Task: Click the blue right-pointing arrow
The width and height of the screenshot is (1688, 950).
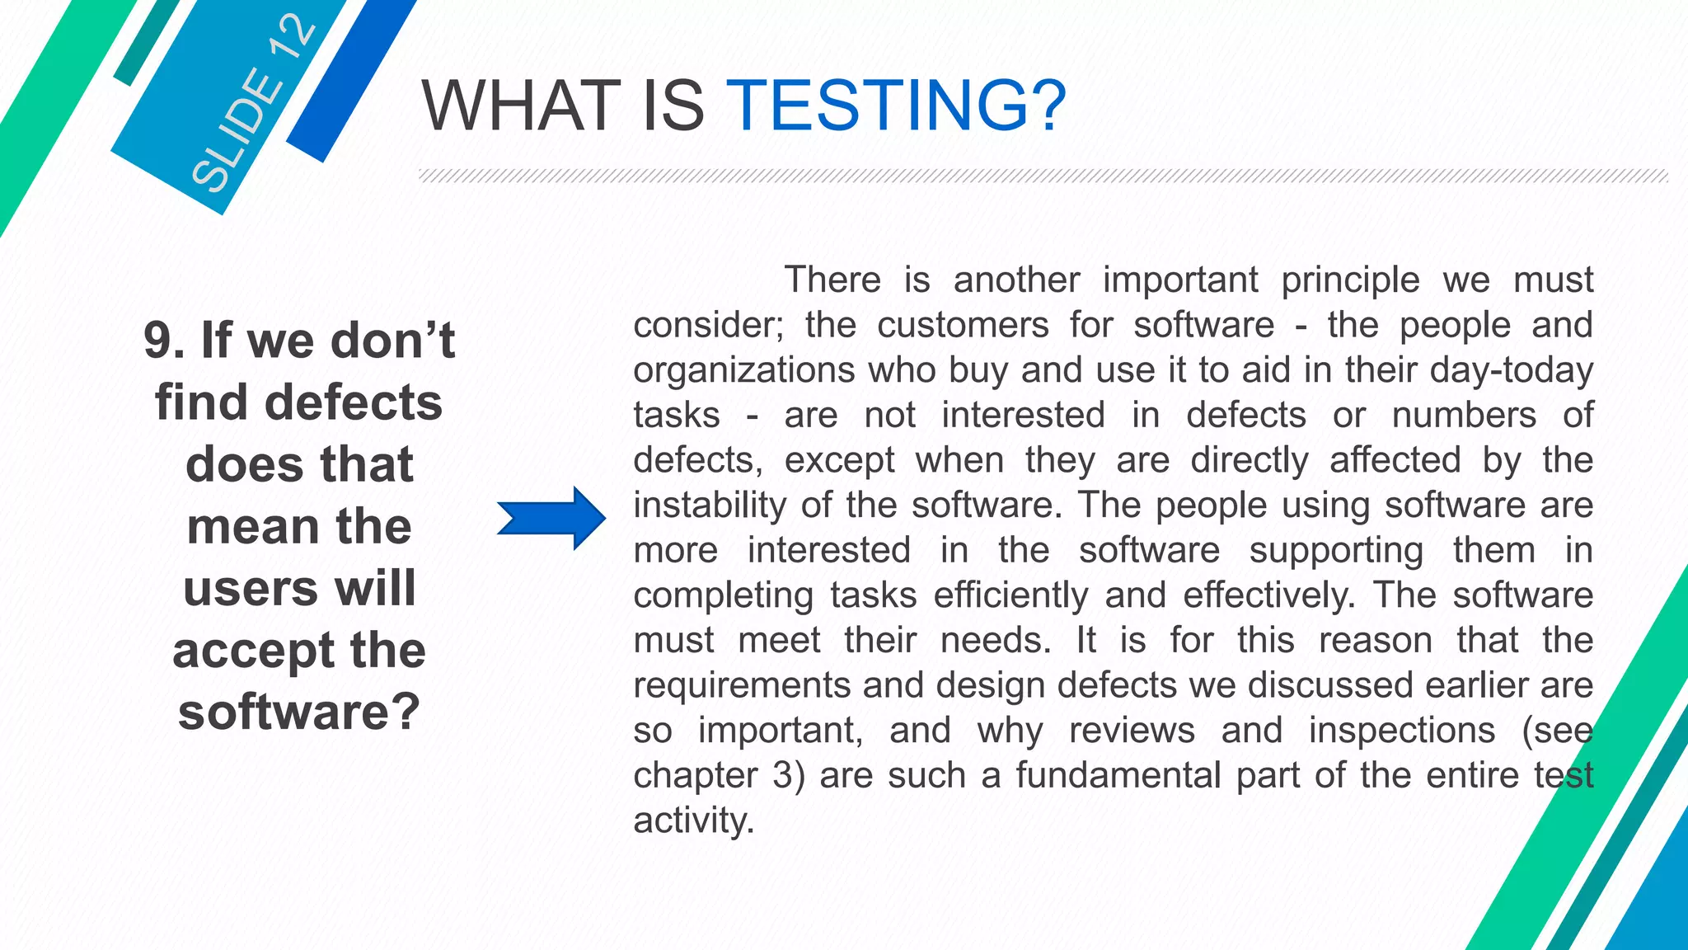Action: (x=551, y=519)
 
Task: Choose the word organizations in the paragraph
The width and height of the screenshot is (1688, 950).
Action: (x=743, y=370)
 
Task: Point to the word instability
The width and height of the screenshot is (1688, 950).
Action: (x=710, y=505)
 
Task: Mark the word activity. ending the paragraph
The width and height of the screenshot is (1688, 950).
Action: (x=693, y=821)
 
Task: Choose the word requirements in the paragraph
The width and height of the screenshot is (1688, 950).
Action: (x=740, y=686)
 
